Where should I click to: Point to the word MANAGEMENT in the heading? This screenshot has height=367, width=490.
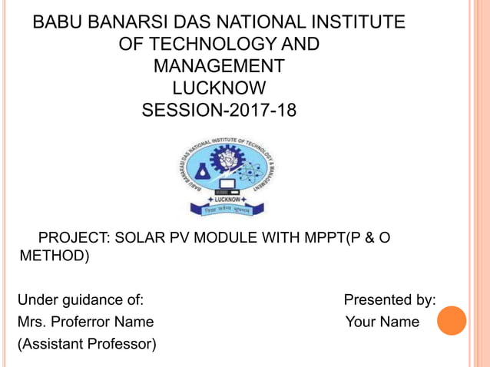pos(219,66)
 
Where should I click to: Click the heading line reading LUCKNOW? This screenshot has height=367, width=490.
pos(219,88)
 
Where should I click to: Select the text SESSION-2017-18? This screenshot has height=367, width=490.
pos(219,111)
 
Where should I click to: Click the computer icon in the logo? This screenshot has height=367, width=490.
pos(227,187)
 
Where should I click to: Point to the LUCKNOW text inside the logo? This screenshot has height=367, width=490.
pos(227,199)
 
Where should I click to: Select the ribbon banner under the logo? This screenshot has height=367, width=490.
pos(227,210)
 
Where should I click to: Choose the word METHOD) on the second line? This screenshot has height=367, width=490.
pos(54,256)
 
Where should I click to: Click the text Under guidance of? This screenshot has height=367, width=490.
pos(81,299)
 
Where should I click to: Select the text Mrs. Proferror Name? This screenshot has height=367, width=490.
pos(85,322)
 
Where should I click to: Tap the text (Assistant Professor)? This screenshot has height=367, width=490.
pos(87,343)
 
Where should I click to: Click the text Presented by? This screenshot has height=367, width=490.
pos(389,299)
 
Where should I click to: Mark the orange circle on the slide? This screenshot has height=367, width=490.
pos(452,321)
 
